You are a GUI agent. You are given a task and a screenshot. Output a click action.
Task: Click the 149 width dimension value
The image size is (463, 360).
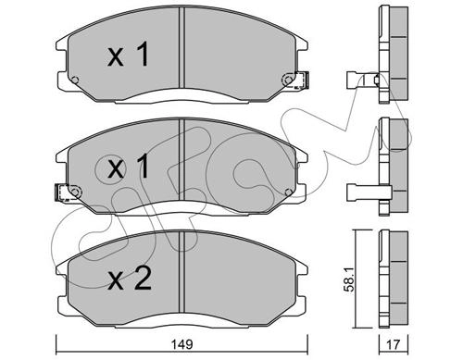tap(182, 344)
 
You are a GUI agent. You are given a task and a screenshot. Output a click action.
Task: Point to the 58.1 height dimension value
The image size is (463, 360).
tap(349, 279)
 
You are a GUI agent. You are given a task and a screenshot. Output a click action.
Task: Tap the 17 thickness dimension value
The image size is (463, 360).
tap(393, 344)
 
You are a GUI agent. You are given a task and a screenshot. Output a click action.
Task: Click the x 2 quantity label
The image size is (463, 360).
tap(130, 279)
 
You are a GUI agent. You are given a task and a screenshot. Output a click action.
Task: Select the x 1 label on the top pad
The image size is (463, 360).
tap(128, 55)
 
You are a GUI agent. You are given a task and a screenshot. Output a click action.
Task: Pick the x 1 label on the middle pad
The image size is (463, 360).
tap(128, 167)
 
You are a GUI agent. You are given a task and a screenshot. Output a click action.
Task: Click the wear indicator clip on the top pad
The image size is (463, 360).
tap(302, 80)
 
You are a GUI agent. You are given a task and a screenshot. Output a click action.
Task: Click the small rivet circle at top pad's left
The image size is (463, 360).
tap(75, 81)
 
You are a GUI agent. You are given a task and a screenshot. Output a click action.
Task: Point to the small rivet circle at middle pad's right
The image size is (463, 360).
tap(289, 192)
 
